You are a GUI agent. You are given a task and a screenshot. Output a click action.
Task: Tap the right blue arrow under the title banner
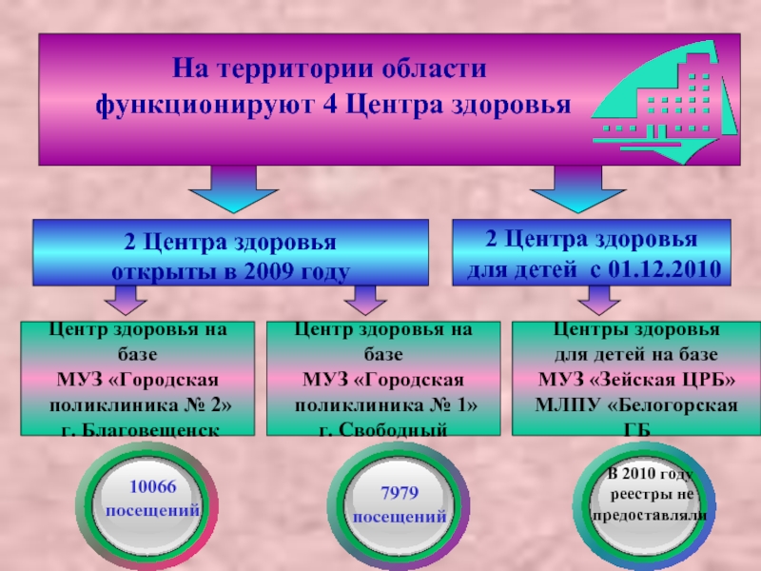[573, 188]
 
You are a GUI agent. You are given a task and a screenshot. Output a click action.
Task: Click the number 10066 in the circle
[152, 486]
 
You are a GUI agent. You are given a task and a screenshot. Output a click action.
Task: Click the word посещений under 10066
[152, 511]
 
